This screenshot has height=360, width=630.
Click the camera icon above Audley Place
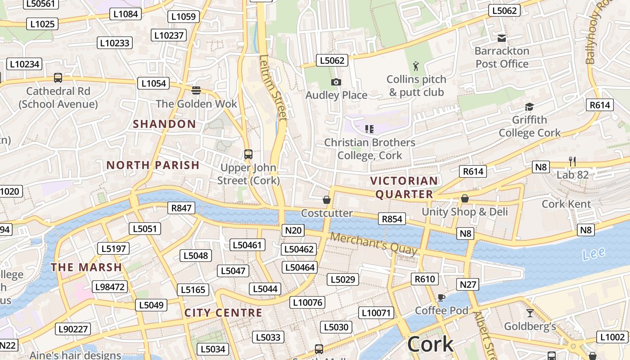tap(336, 82)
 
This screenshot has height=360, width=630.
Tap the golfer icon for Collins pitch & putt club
tap(416, 67)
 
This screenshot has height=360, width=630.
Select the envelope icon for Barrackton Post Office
tap(502, 38)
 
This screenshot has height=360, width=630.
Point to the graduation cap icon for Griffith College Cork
tap(529, 107)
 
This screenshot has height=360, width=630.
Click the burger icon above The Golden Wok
tap(196, 90)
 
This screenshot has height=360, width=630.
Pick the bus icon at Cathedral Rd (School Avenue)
tap(58, 78)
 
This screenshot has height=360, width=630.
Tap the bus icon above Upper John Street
tap(248, 154)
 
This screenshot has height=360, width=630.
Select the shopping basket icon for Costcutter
tap(327, 200)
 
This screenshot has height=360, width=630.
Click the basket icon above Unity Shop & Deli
tap(465, 198)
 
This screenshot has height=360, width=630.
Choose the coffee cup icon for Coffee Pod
tap(441, 297)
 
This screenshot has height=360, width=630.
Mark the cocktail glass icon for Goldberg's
tap(530, 313)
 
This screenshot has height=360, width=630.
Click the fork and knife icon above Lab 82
tap(572, 162)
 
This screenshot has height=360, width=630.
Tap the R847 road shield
tap(182, 208)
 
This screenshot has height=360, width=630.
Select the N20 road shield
tap(293, 230)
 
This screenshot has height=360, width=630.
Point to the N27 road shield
tap(468, 284)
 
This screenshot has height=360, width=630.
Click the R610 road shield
tap(425, 279)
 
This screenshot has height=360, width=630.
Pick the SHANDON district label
tap(164, 124)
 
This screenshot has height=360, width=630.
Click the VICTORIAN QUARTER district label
tap(404, 188)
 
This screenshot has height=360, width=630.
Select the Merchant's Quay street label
tap(373, 244)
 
